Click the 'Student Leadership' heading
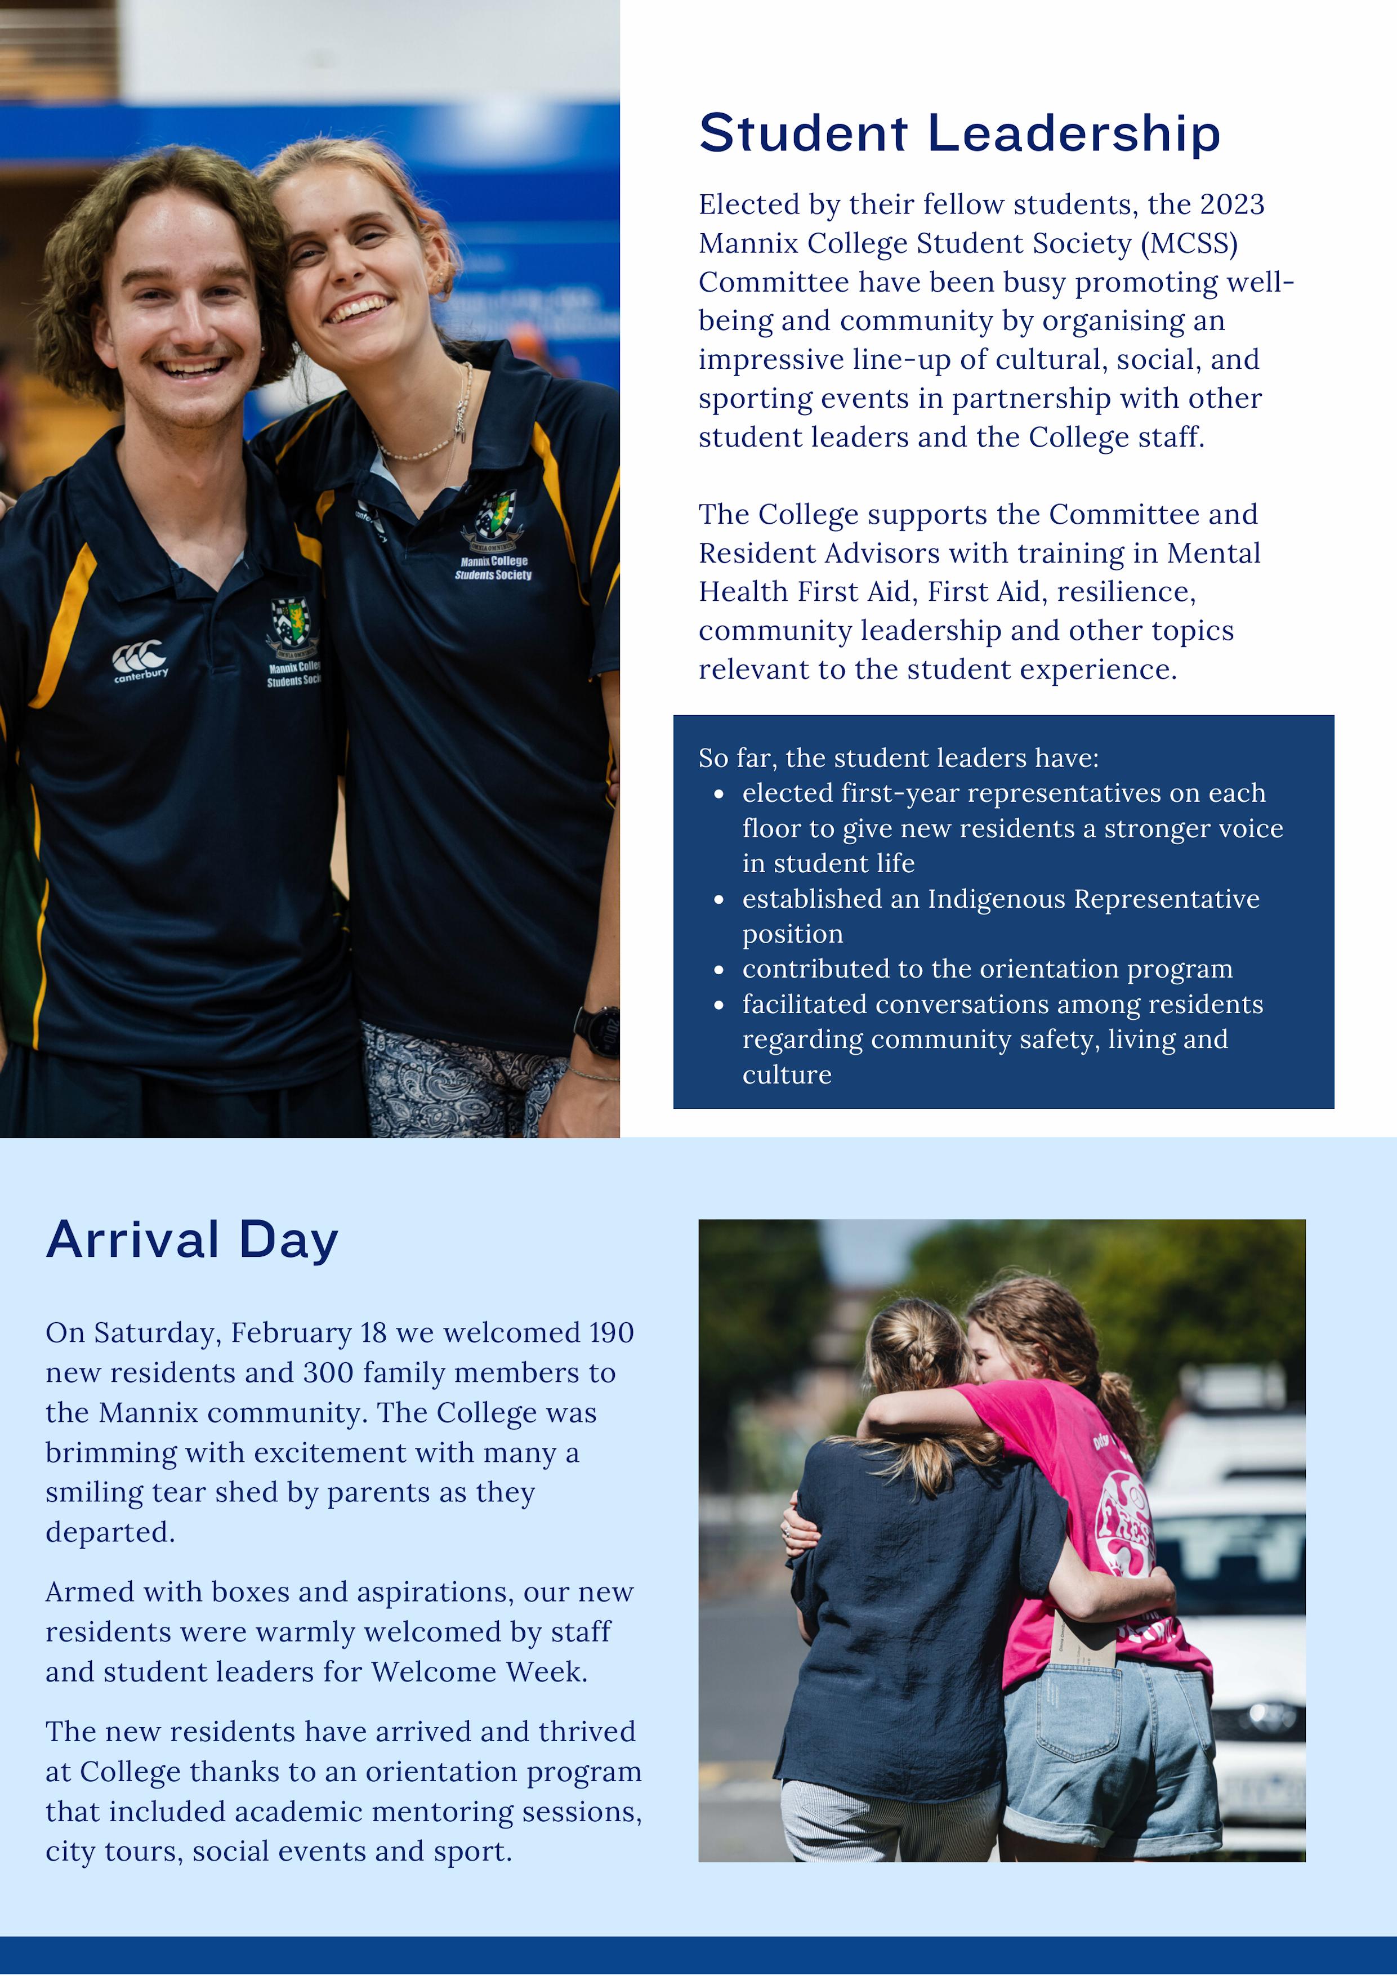pos(959,133)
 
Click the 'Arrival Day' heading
pos(192,1240)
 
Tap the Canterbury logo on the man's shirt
pos(140,661)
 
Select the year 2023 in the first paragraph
pos(1231,205)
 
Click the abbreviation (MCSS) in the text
pos(1190,244)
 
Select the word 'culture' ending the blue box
pos(787,1075)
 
